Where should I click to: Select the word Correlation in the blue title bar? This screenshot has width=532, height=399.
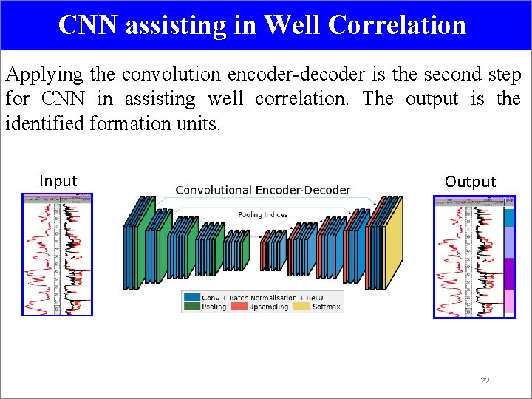397,24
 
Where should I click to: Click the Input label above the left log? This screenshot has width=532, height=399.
58,181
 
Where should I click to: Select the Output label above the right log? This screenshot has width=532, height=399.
470,182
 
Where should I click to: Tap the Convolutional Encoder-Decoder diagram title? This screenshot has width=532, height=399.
262,190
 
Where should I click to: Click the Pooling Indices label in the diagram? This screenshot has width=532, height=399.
262,215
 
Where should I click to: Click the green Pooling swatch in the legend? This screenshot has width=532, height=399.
191,307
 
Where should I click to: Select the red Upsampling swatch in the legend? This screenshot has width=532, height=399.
239,307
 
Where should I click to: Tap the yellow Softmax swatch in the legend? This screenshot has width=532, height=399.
302,307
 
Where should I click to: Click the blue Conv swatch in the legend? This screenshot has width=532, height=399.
191,298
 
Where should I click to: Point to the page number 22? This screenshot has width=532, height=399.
485,381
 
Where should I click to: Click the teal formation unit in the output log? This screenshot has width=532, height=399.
509,217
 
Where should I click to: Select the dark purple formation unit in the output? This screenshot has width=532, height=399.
509,273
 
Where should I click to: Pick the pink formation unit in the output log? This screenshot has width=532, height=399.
509,303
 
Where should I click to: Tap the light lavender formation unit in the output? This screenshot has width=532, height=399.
509,242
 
